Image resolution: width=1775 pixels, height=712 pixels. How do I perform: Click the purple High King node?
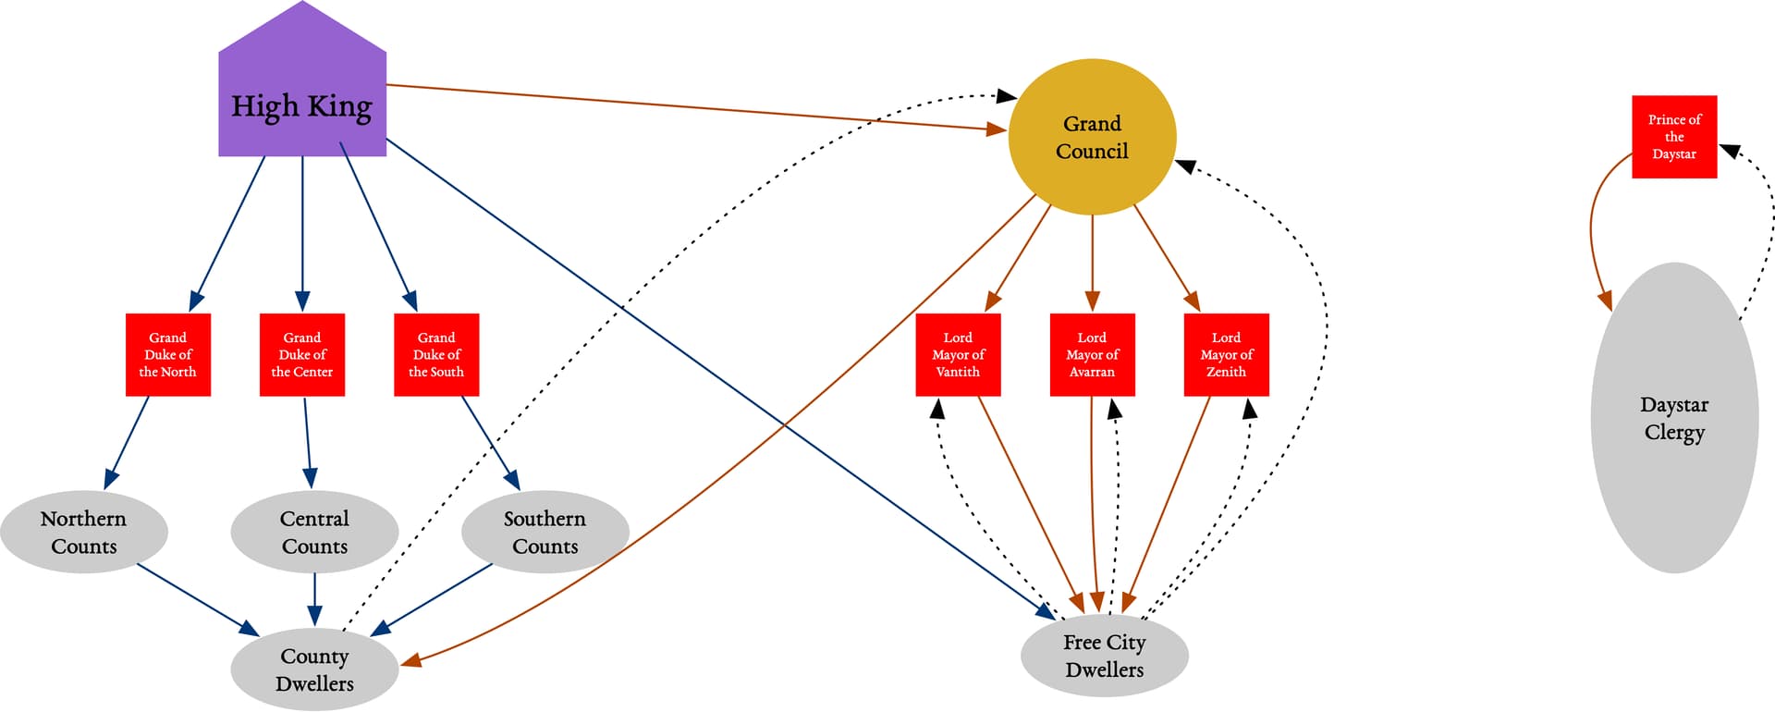(x=302, y=102)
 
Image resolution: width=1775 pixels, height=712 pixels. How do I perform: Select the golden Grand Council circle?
(x=1092, y=138)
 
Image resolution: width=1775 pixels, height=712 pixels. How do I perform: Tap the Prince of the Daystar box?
(x=1674, y=137)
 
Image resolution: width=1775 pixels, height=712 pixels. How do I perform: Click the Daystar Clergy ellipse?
(x=1674, y=418)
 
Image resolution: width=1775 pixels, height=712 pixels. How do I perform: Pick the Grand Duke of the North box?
(x=168, y=355)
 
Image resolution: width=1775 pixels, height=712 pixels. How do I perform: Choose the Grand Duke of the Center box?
(x=302, y=355)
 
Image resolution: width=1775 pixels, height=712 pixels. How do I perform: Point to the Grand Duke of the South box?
(x=436, y=355)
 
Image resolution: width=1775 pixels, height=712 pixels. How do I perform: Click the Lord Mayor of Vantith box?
(x=958, y=355)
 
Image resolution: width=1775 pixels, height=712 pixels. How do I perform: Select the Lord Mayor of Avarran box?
(x=1092, y=355)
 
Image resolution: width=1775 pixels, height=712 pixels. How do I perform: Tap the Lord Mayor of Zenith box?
(x=1226, y=355)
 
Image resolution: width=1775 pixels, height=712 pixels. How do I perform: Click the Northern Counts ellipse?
(x=84, y=532)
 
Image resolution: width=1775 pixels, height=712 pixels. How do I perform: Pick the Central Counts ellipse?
(x=314, y=532)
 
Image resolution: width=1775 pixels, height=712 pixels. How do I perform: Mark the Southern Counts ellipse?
(x=545, y=532)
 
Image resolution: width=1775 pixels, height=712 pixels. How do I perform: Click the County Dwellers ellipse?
(x=314, y=669)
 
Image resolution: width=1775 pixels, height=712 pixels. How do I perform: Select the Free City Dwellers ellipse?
(x=1105, y=656)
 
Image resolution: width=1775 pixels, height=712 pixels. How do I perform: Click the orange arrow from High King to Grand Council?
(x=693, y=107)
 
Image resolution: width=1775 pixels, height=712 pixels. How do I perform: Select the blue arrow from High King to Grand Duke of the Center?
(x=302, y=231)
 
